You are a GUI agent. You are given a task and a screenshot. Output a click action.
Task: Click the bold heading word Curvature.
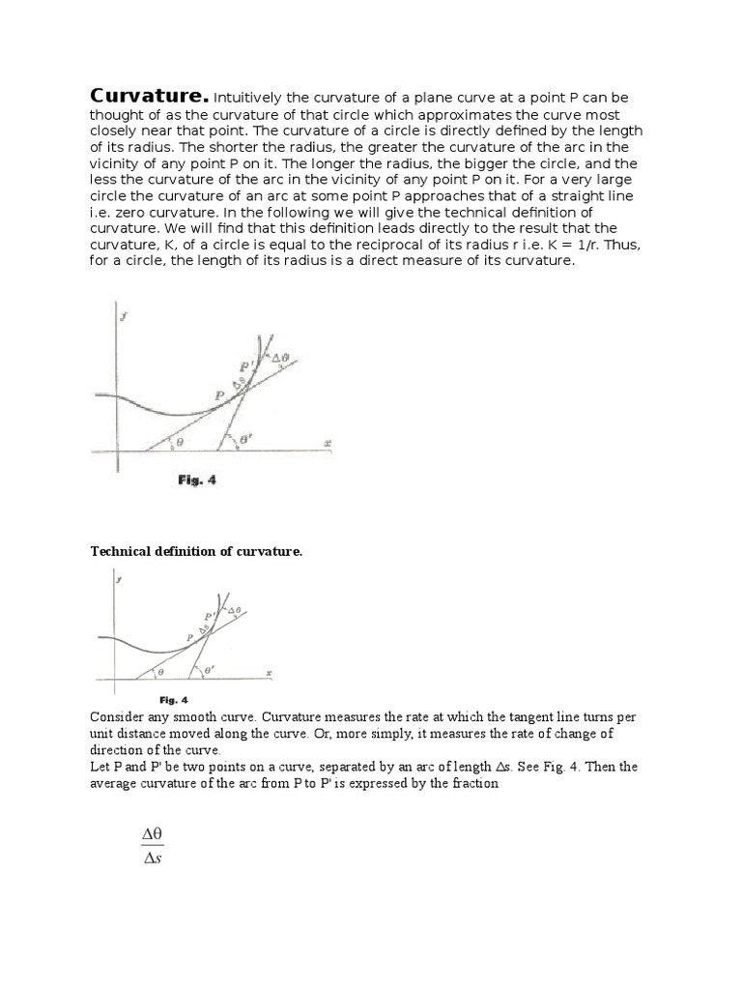point(149,97)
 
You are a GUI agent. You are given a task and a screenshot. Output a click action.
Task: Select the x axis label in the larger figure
point(328,443)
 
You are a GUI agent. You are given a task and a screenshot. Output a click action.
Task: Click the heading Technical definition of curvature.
point(196,551)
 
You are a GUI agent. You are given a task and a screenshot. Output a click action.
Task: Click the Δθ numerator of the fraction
point(153,832)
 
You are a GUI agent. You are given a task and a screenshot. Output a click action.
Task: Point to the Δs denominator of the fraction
point(151,859)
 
